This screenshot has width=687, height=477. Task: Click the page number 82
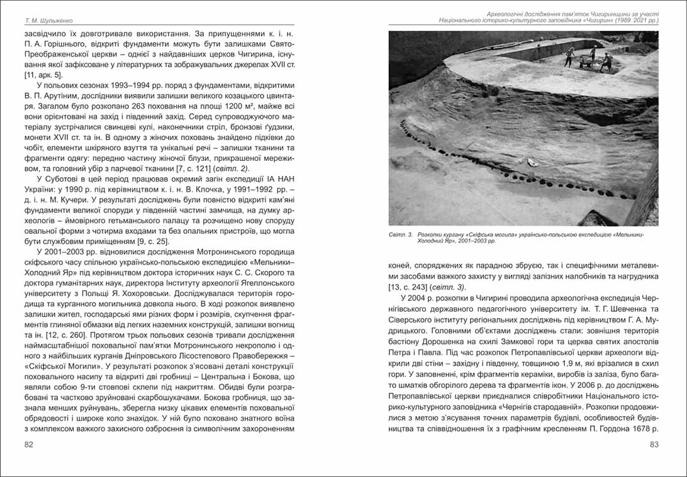[x=29, y=444]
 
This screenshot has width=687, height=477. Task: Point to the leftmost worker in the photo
[x=569, y=56]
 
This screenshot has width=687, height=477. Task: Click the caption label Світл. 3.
[x=400, y=234]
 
